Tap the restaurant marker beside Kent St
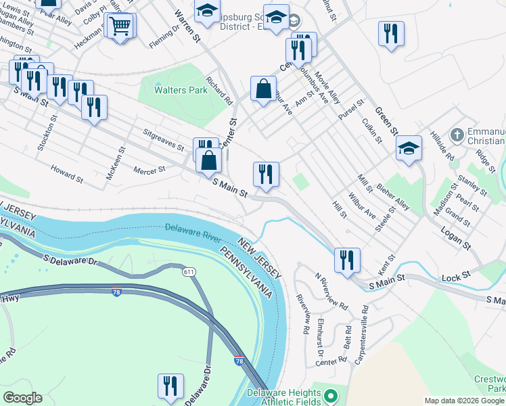tap(347, 260)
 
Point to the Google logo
tap(22, 398)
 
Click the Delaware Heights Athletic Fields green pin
tap(330, 394)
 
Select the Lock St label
tap(456, 276)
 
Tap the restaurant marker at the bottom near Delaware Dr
tap(170, 386)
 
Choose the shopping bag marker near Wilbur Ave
tap(262, 89)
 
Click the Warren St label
tap(188, 26)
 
